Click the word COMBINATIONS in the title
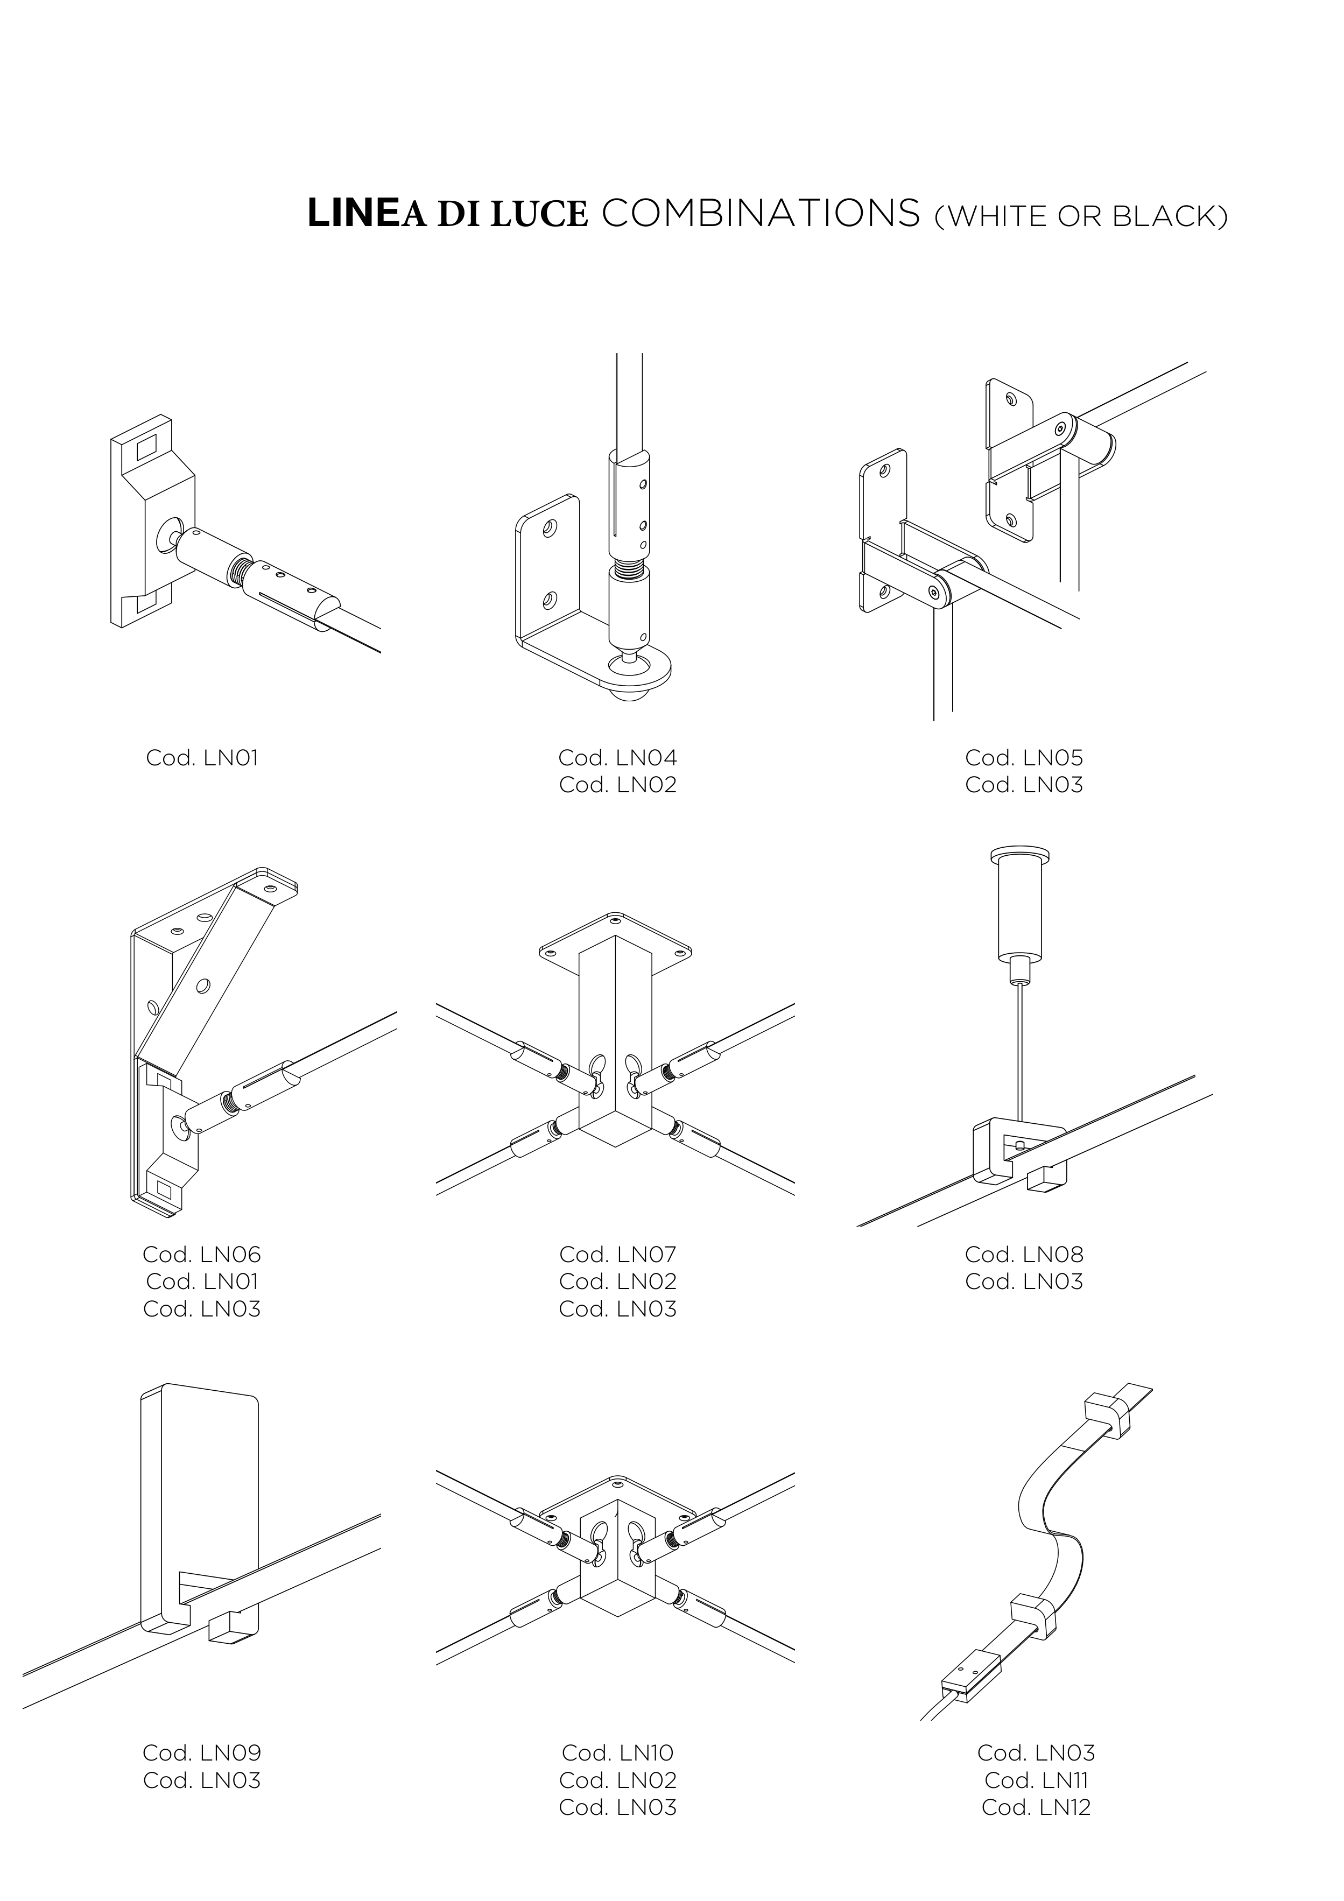click(760, 214)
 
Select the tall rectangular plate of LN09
click(207, 1482)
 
